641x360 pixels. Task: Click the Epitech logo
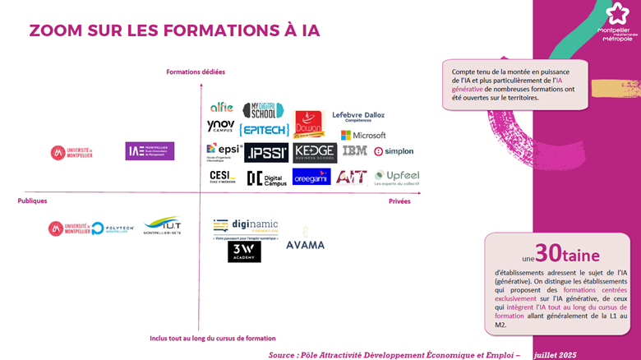coord(263,130)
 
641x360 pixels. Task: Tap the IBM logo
coord(354,151)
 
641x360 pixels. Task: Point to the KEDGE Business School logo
coord(314,152)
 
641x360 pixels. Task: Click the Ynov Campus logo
coord(220,127)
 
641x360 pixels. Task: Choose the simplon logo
coord(394,151)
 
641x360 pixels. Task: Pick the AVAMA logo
coord(305,245)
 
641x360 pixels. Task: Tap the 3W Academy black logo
coord(244,252)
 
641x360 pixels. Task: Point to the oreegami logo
coord(311,177)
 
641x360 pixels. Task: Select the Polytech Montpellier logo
coord(109,228)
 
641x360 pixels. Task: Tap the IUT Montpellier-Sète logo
coord(162,225)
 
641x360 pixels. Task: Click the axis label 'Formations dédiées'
coord(196,72)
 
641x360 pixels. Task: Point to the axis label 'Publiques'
coord(32,201)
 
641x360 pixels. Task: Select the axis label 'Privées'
coord(399,201)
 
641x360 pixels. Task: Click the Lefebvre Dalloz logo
coord(358,116)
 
